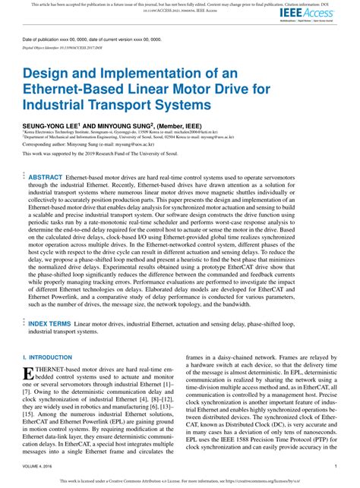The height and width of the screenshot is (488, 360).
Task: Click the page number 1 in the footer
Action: [336, 468]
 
